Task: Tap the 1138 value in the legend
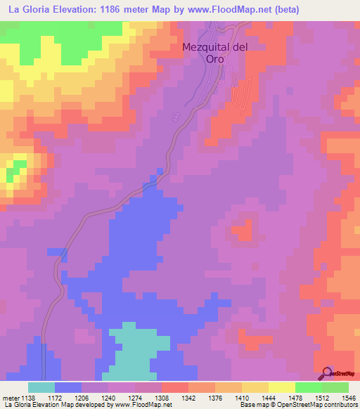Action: coord(27,397)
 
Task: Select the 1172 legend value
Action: coord(54,397)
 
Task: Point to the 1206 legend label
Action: coord(81,397)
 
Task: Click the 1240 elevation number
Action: coord(108,397)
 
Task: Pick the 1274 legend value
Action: coord(134,397)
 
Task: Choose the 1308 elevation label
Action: coord(161,397)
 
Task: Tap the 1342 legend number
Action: coord(188,397)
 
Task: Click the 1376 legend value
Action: coord(214,397)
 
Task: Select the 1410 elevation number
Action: coord(241,397)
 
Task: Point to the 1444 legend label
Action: coord(268,397)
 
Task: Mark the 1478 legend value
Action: coord(295,397)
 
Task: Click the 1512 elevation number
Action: coord(321,397)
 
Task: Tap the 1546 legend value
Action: coord(347,397)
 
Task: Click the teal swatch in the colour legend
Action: coord(41,387)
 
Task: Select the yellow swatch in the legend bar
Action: coord(281,387)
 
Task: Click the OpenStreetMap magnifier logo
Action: coord(328,373)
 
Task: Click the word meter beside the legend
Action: coord(10,397)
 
